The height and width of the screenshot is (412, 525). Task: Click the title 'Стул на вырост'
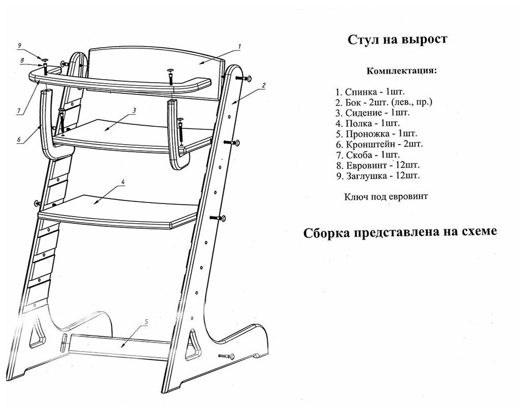[397, 40]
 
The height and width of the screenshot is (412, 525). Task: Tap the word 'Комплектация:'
[400, 71]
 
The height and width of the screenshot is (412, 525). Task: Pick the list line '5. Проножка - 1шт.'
[376, 133]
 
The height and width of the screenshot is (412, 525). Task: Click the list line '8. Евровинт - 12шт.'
[377, 165]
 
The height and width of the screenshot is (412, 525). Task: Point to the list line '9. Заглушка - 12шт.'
[378, 176]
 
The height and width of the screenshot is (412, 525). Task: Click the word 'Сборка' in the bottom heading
[330, 232]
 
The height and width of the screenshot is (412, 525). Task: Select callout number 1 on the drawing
[238, 47]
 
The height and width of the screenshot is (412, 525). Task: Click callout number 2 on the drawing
[264, 85]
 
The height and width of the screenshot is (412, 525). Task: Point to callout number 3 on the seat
[134, 110]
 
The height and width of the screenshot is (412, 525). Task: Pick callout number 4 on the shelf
[123, 182]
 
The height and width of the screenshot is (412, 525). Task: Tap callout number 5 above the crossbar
[146, 322]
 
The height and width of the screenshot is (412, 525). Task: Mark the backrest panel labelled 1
[152, 66]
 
